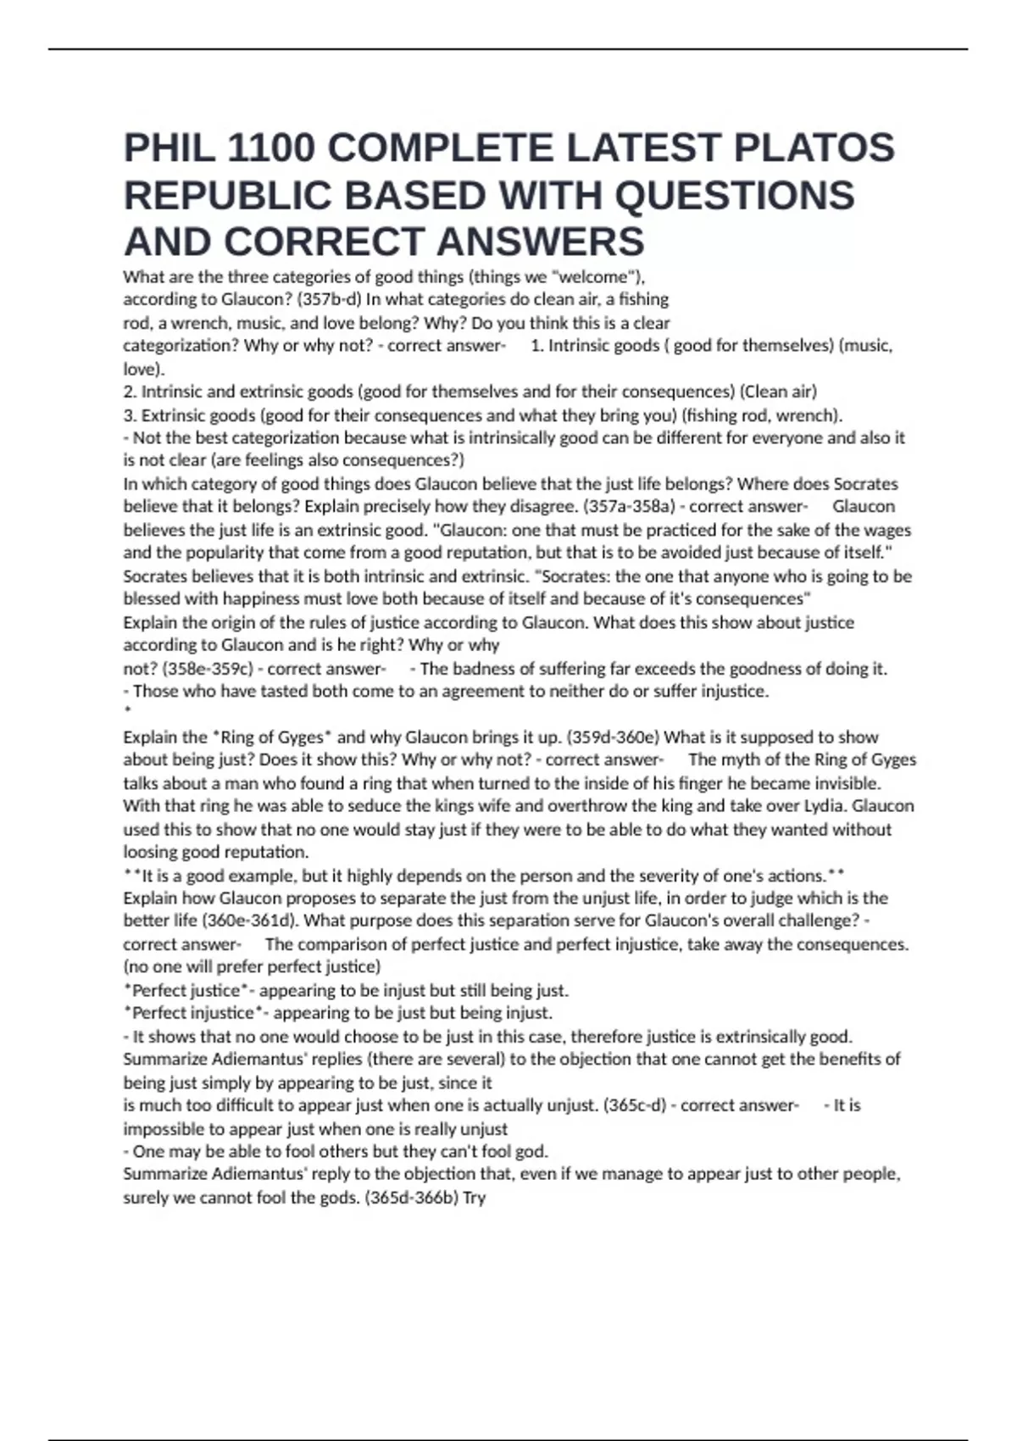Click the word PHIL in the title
[x=169, y=148]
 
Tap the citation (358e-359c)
[x=208, y=669]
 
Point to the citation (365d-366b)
[x=411, y=1198]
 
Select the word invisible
[x=847, y=783]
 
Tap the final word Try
[x=474, y=1198]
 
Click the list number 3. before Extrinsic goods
[x=130, y=415]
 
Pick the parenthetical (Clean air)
[x=778, y=392]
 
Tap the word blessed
[x=152, y=599]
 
